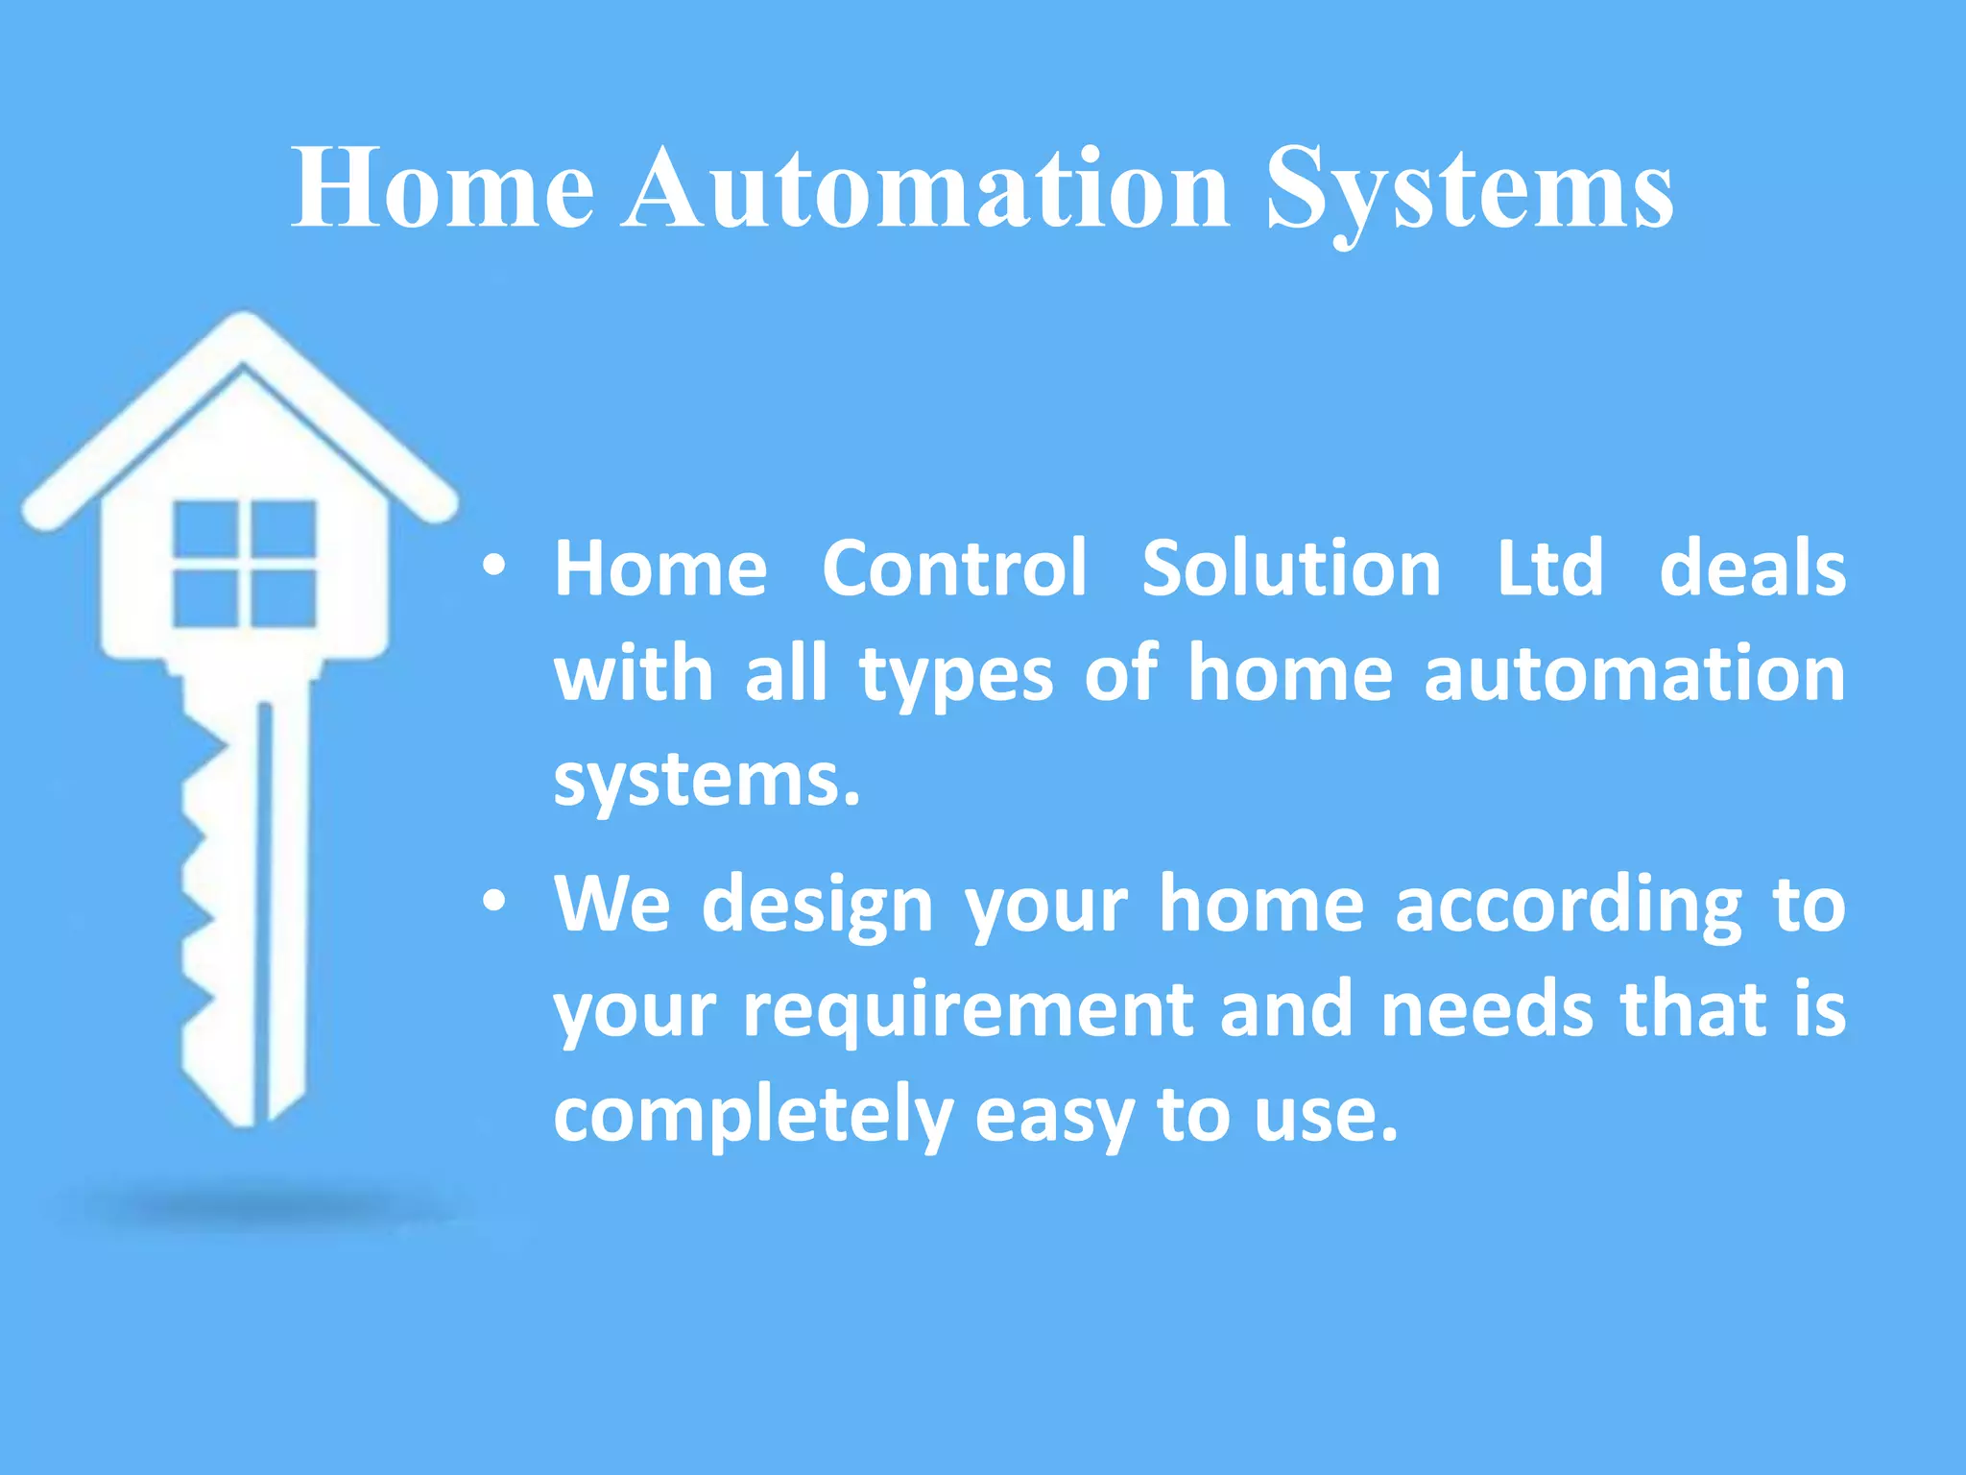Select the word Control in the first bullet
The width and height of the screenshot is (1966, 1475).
[954, 568]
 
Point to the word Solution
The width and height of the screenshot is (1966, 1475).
[1290, 568]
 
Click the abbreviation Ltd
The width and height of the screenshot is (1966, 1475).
[1549, 568]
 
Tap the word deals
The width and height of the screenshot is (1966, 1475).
[1752, 568]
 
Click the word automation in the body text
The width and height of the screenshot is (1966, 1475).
[1634, 674]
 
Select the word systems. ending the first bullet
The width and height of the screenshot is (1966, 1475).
[707, 780]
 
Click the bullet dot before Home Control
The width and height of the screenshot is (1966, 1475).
[493, 567]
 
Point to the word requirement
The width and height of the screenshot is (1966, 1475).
[968, 1012]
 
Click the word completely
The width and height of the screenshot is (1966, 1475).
[753, 1117]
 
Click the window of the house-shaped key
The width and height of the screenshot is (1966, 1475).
[245, 564]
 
